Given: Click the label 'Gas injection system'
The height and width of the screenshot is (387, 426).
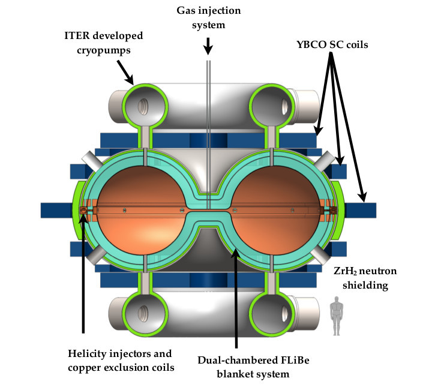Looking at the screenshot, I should pos(208,19).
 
